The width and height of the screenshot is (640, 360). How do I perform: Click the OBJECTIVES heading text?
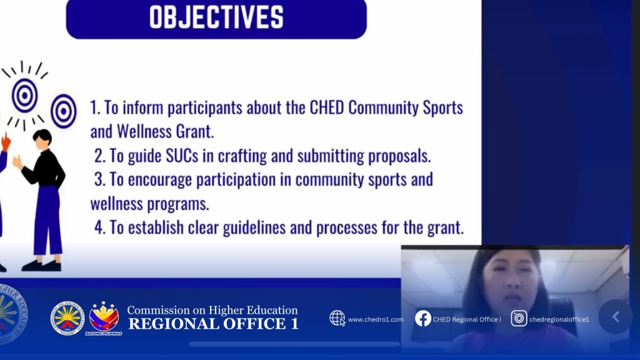[x=216, y=17]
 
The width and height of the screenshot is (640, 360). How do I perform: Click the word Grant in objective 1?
[x=194, y=132]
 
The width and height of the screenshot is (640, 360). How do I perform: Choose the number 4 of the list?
[x=99, y=227]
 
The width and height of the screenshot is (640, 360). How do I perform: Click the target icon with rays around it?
[x=25, y=96]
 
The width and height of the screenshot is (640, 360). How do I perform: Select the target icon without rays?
[x=64, y=111]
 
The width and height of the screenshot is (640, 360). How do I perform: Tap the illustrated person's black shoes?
[x=42, y=266]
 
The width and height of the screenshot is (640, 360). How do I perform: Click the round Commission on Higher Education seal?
[x=67, y=319]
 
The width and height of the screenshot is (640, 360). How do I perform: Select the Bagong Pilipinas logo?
[x=104, y=318]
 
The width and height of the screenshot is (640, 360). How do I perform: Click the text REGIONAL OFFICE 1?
[x=214, y=324]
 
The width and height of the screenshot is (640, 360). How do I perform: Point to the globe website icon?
[x=337, y=318]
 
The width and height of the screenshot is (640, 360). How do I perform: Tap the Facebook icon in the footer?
[x=423, y=318]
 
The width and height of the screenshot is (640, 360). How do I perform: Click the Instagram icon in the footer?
[x=519, y=318]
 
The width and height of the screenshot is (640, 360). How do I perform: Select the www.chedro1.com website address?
[x=376, y=319]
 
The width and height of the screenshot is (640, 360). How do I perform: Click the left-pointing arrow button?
[x=616, y=317]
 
